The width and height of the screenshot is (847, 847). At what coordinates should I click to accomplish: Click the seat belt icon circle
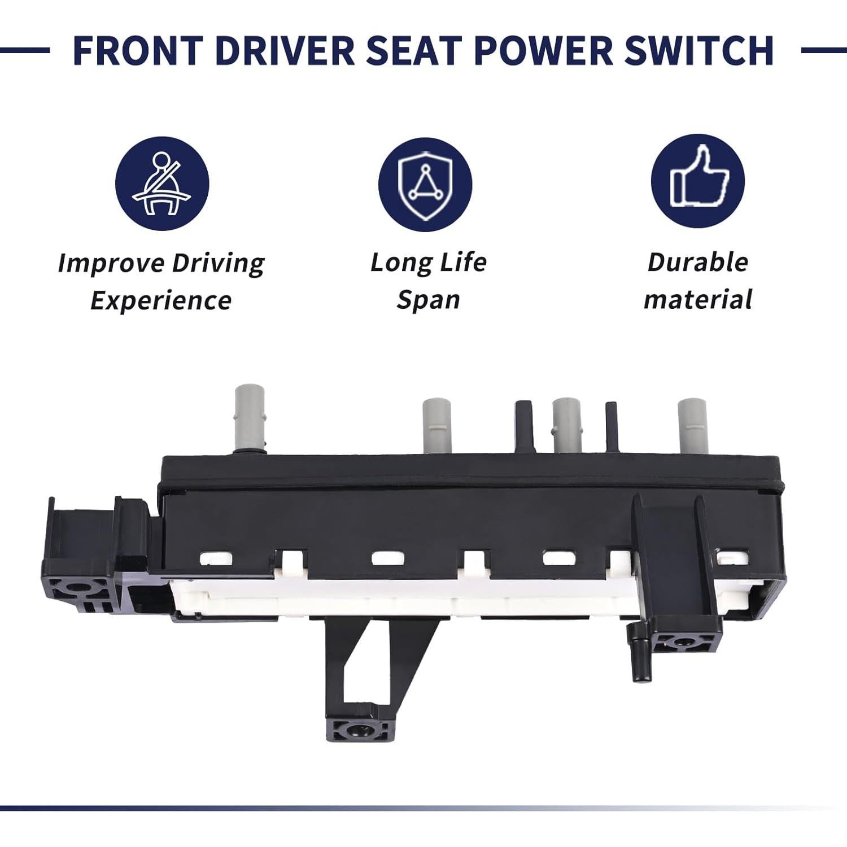(x=162, y=184)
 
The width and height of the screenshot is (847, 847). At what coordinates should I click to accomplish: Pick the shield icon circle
(x=425, y=184)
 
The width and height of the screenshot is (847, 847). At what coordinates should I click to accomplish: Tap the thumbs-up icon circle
(x=697, y=181)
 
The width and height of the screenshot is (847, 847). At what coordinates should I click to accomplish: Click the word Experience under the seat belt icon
(x=161, y=300)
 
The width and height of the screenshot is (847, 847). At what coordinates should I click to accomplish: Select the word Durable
(x=697, y=262)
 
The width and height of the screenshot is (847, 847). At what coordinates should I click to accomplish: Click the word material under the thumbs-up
(x=697, y=299)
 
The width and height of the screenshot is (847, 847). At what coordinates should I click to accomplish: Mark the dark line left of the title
(x=25, y=50)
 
